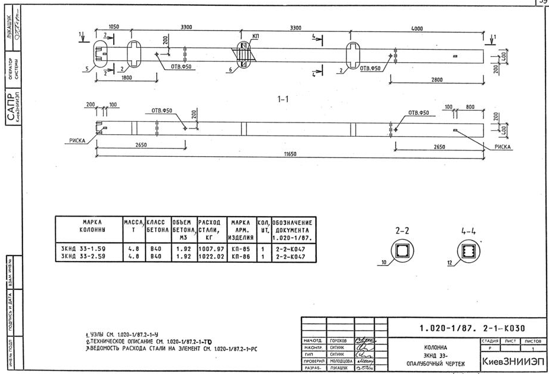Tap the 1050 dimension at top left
(x=114, y=27)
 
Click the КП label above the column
(x=255, y=36)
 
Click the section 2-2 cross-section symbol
(x=400, y=251)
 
